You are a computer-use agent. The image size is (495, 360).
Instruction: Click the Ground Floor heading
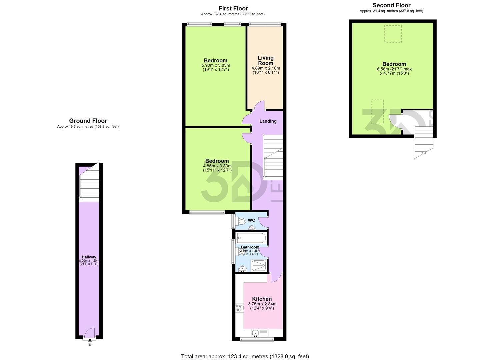88,121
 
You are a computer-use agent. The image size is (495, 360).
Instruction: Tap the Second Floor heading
391,5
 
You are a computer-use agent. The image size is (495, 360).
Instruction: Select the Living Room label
265,60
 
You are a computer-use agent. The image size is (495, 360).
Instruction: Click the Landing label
268,121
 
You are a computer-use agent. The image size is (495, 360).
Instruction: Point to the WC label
251,220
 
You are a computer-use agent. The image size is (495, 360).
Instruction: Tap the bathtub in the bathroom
251,238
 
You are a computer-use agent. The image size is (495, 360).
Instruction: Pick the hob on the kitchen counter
239,308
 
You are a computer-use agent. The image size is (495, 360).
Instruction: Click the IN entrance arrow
90,340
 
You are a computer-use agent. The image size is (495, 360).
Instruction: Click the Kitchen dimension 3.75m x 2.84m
262,304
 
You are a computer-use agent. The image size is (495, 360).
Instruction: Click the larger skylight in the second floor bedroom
393,34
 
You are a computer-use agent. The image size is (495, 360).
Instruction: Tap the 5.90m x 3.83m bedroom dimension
216,65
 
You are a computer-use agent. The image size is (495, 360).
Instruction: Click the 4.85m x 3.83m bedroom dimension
217,166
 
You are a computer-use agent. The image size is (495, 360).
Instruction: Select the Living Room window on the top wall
265,24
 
